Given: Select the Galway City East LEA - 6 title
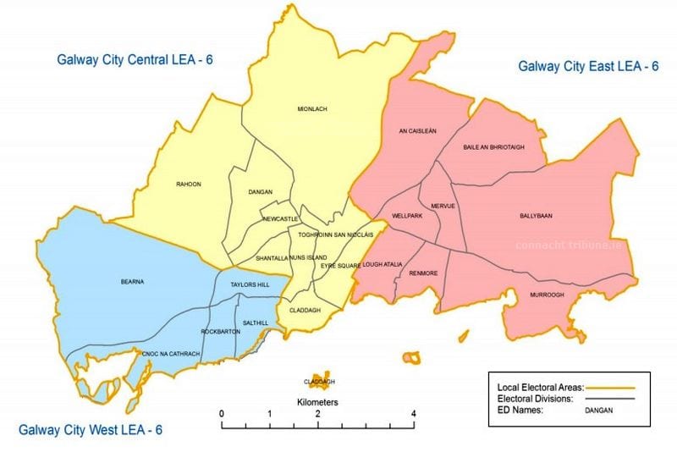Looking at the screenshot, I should pyautogui.click(x=588, y=65).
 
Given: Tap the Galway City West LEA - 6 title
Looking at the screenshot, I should pyautogui.click(x=91, y=430).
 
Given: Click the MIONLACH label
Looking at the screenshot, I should pyautogui.click(x=311, y=109).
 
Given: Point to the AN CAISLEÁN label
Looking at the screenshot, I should pyautogui.click(x=417, y=131).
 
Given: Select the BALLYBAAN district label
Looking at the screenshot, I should pyautogui.click(x=536, y=216).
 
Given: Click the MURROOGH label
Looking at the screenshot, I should pyautogui.click(x=546, y=295).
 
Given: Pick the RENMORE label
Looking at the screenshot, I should pyautogui.click(x=423, y=273).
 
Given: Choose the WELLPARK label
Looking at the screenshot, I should pyautogui.click(x=406, y=216).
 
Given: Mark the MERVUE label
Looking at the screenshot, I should pyautogui.click(x=443, y=206).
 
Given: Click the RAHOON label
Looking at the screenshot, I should pyautogui.click(x=188, y=185).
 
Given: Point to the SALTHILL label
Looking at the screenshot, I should pyautogui.click(x=255, y=322).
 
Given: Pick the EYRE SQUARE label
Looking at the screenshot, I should pyautogui.click(x=341, y=266).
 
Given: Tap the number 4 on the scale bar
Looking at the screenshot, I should pyautogui.click(x=413, y=413).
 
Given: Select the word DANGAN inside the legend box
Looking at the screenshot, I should pyautogui.click(x=597, y=411).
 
